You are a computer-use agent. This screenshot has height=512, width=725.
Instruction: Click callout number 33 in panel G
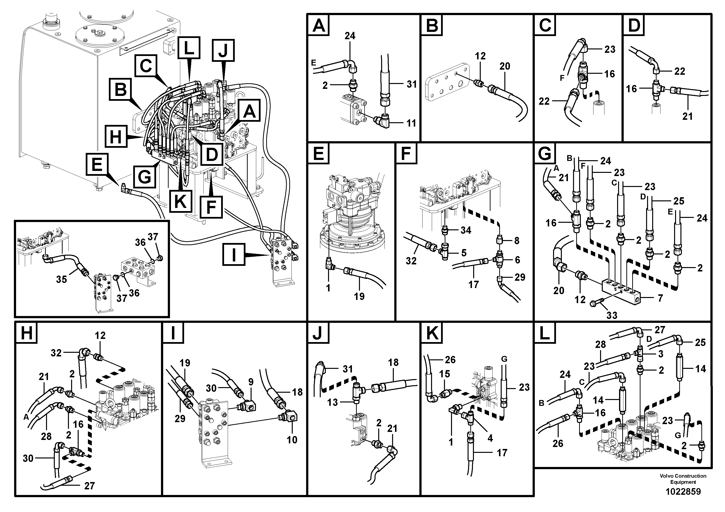(612, 315)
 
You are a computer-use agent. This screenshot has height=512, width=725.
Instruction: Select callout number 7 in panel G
(660, 298)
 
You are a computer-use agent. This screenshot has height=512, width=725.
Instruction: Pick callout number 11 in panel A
(411, 123)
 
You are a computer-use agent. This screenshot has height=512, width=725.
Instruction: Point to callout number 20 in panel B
(505, 66)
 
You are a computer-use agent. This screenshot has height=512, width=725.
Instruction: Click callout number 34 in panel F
(466, 230)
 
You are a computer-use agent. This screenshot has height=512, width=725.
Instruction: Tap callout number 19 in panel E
(359, 296)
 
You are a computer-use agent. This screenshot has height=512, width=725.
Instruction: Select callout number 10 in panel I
(292, 439)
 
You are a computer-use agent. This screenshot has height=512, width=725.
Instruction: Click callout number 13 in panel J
(332, 402)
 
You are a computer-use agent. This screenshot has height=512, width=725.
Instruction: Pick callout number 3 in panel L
(660, 354)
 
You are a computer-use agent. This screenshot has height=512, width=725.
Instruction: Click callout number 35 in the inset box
(61, 279)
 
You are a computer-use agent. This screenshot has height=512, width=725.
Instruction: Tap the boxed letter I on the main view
(234, 254)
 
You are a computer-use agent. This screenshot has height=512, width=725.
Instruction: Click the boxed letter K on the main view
(180, 201)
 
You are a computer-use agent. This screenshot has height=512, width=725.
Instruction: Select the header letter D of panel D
(633, 26)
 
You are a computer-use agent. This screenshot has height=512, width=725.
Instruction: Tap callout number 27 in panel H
(89, 485)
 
